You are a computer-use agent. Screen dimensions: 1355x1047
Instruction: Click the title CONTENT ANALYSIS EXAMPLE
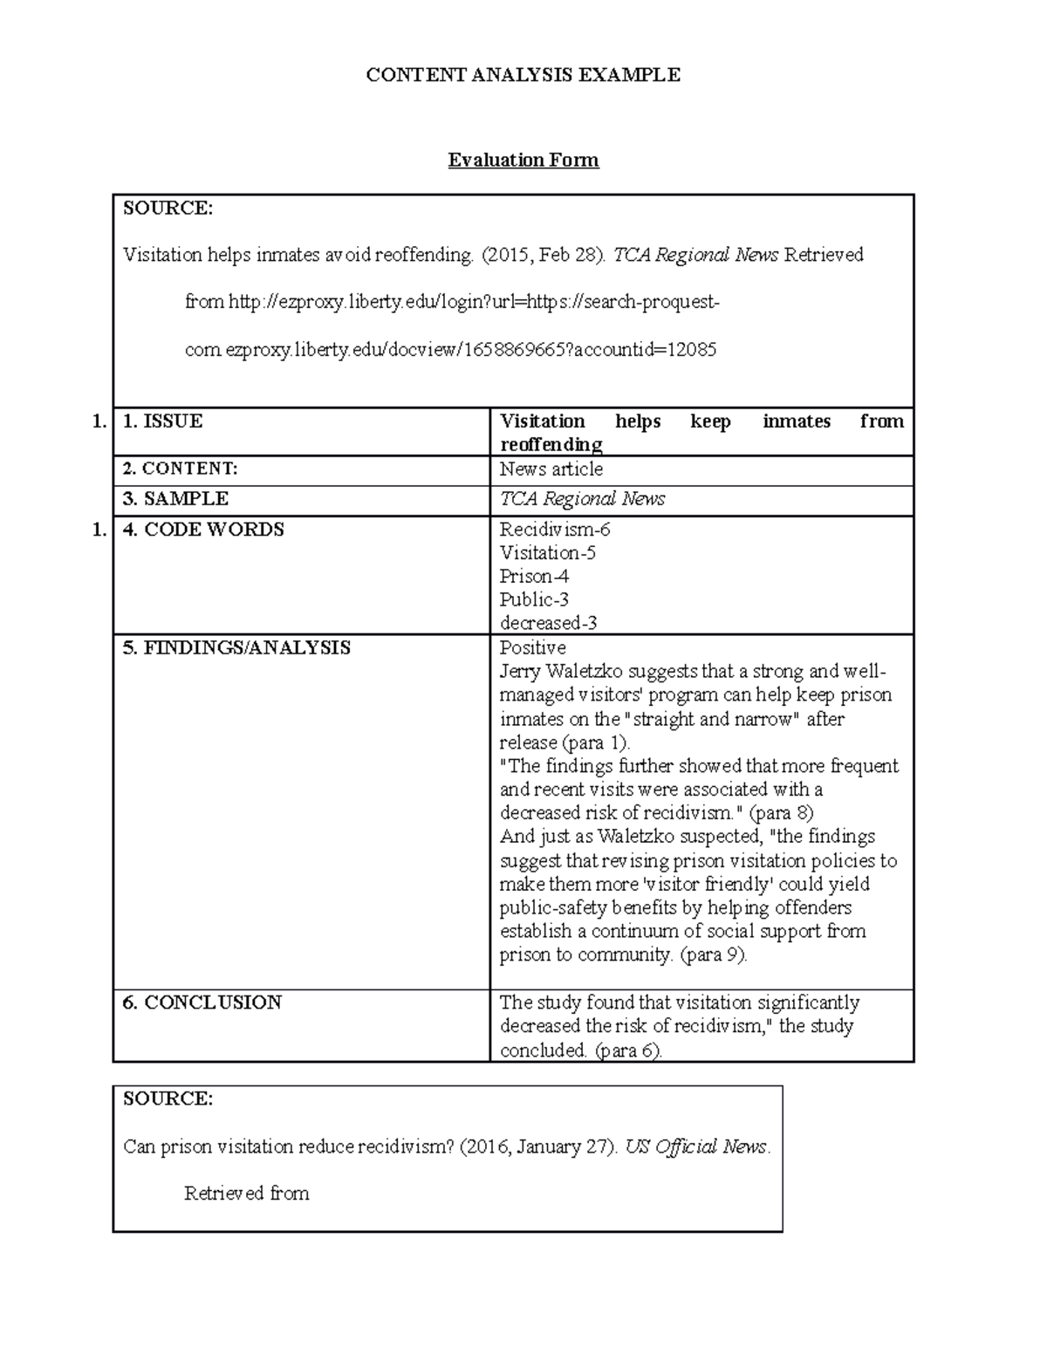523,75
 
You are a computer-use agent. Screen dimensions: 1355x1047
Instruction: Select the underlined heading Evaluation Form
523,161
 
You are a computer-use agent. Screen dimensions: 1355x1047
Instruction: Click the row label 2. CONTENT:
180,469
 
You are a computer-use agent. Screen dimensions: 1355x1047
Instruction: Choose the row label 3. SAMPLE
175,499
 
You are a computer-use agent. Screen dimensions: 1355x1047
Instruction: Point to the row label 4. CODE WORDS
203,530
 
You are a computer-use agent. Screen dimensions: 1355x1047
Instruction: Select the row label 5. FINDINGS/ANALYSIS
236,647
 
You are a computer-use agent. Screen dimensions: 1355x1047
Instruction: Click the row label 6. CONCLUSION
202,1003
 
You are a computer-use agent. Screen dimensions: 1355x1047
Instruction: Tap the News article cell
551,469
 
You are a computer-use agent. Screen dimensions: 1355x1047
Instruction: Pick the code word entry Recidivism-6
555,530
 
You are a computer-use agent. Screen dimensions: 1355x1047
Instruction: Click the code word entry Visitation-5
547,553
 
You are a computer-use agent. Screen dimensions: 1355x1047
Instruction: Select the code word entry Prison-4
534,577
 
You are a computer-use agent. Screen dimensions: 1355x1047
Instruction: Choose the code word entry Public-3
534,600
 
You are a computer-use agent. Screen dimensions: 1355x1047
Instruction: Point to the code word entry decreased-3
548,624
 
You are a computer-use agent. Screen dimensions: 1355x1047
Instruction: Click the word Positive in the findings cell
532,648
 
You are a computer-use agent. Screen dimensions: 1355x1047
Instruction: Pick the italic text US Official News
696,1146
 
